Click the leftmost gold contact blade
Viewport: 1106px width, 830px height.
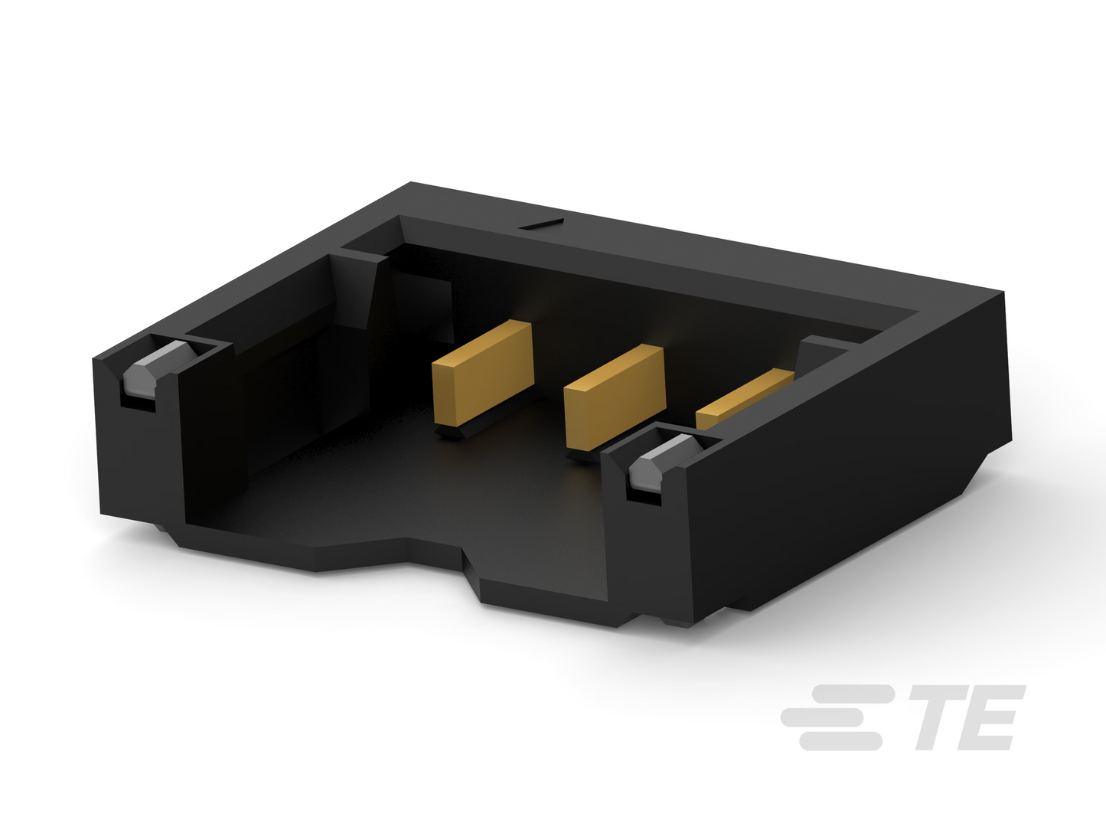[x=483, y=372]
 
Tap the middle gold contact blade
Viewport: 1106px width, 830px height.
[x=615, y=397]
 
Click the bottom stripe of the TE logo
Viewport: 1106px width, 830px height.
[x=840, y=741]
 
